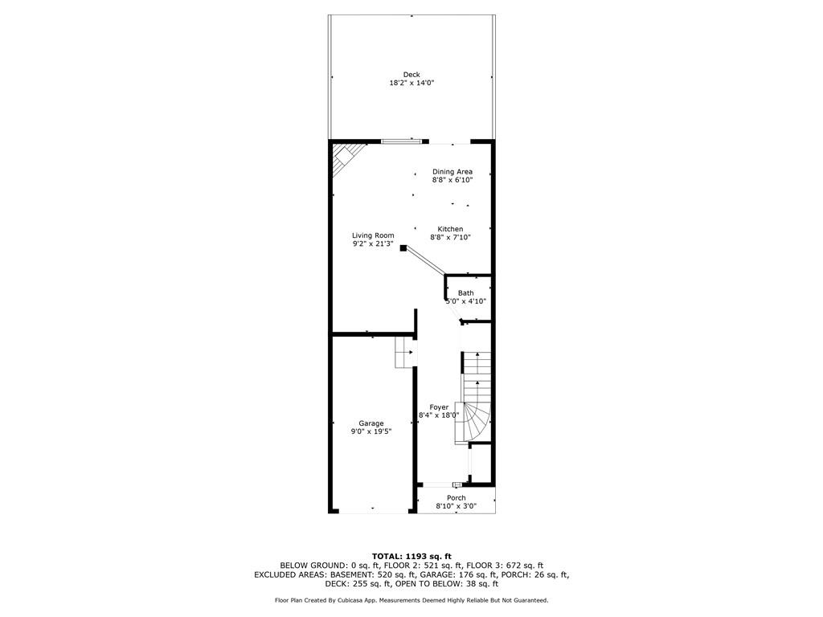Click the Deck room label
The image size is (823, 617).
point(411,75)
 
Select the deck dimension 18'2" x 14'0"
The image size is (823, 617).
point(411,83)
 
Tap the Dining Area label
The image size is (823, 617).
point(452,171)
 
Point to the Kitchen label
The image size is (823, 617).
point(450,229)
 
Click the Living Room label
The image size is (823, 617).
point(373,235)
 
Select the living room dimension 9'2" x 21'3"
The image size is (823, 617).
point(373,244)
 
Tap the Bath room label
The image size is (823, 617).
point(466,293)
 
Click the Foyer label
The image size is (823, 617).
point(439,407)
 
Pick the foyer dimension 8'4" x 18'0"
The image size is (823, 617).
point(439,415)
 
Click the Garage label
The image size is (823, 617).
point(371,423)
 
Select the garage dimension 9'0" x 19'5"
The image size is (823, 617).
point(371,431)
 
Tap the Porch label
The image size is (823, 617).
point(456,498)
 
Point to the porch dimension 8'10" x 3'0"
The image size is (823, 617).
point(456,506)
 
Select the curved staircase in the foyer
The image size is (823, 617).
point(476,402)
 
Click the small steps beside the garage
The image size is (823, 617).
point(403,352)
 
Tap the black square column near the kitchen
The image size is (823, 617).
point(403,248)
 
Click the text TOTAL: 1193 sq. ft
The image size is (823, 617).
point(411,556)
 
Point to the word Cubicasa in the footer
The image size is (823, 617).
point(360,600)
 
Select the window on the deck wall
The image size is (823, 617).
point(401,142)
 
